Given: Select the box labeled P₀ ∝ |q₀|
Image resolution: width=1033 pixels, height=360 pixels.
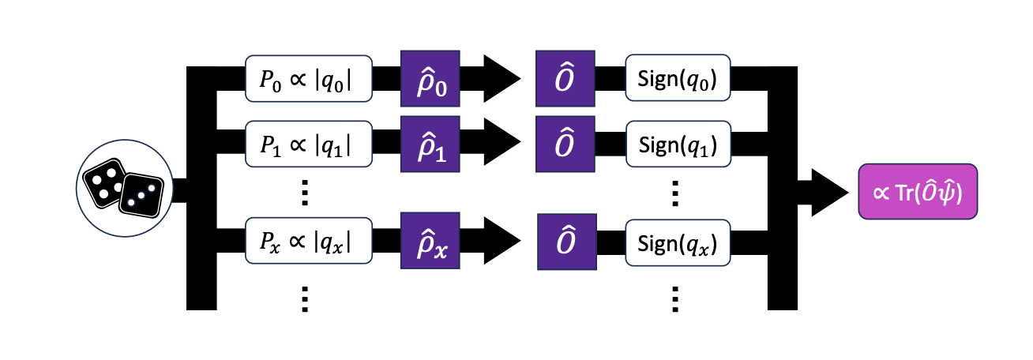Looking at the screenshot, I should pyautogui.click(x=309, y=79).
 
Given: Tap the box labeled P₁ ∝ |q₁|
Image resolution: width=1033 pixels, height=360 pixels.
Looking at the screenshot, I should pyautogui.click(x=309, y=144).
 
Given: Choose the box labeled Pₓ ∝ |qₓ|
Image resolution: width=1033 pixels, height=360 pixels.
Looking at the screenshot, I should pyautogui.click(x=309, y=239).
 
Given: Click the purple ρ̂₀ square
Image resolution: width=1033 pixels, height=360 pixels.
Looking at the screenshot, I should pyautogui.click(x=430, y=79).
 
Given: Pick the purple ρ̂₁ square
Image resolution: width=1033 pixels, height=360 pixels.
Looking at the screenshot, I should pyautogui.click(x=430, y=144).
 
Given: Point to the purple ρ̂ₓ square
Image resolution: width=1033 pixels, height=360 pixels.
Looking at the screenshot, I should pyautogui.click(x=430, y=239).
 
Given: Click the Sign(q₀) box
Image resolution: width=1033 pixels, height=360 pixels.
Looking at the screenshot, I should pyautogui.click(x=678, y=79).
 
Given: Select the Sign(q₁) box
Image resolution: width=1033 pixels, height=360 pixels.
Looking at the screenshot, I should pyautogui.click(x=678, y=144).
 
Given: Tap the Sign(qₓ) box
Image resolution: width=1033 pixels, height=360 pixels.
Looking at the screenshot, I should pyautogui.click(x=678, y=239).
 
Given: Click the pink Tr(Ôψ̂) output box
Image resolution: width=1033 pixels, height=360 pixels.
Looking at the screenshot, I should pyautogui.click(x=918, y=192).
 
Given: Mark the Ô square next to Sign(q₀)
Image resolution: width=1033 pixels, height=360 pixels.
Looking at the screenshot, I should pyautogui.click(x=565, y=79).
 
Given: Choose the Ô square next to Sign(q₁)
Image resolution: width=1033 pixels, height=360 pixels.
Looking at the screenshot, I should pyautogui.click(x=565, y=144).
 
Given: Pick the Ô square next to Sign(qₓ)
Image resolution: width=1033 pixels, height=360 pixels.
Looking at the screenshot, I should pyautogui.click(x=565, y=239).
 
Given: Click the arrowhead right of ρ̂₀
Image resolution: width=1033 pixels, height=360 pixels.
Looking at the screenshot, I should pyautogui.click(x=501, y=79).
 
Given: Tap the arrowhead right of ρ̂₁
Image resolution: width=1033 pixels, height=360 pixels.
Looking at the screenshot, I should pyautogui.click(x=501, y=144).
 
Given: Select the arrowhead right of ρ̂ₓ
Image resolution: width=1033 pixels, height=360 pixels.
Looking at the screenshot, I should pyautogui.click(x=501, y=239).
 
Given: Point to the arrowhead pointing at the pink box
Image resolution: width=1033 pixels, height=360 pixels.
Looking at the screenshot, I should pyautogui.click(x=828, y=192).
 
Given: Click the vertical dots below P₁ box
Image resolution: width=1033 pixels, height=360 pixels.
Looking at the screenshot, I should pyautogui.click(x=307, y=192).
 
